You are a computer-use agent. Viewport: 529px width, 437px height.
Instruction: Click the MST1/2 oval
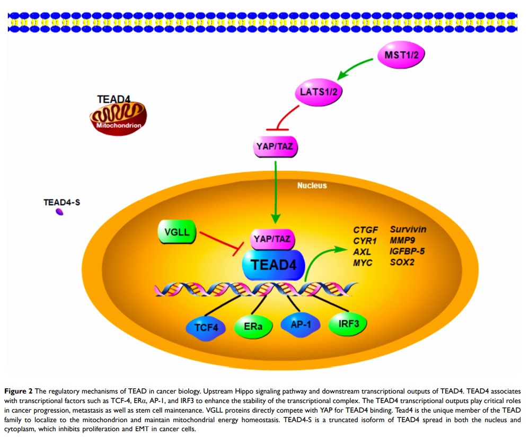click(401, 55)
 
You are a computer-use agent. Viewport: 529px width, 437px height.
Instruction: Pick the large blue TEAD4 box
click(273, 264)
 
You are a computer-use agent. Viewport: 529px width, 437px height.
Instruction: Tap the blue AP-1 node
click(300, 323)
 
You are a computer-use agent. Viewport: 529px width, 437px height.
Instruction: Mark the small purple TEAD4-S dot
click(60, 212)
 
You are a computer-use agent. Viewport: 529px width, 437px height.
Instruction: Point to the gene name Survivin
click(408, 230)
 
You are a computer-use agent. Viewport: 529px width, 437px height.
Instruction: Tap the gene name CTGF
click(366, 230)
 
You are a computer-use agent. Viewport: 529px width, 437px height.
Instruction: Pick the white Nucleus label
click(312, 186)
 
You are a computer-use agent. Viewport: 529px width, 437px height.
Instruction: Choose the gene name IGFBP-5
click(409, 252)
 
